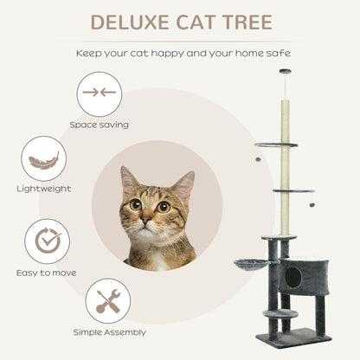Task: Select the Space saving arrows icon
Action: pyautogui.click(x=97, y=93)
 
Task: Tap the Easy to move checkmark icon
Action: pyautogui.click(x=47, y=241)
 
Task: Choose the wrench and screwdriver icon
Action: pyautogui.click(x=108, y=299)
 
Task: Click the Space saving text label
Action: pyautogui.click(x=99, y=125)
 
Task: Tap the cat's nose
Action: pyautogui.click(x=146, y=221)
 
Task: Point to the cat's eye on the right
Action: pyautogui.click(x=163, y=206)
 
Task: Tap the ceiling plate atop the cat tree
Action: pyautogui.click(x=285, y=71)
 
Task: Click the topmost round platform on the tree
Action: pyautogui.click(x=276, y=144)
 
